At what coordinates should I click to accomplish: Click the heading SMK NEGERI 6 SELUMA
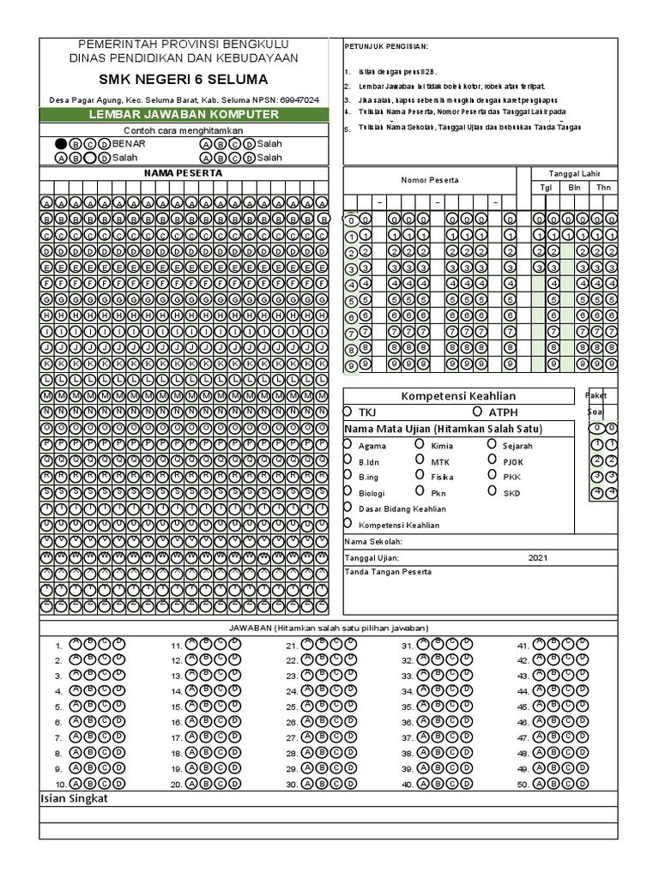point(183,80)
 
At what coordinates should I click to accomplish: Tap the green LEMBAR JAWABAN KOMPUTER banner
point(183,114)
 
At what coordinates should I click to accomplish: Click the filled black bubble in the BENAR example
point(61,144)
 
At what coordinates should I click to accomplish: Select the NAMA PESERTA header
point(183,172)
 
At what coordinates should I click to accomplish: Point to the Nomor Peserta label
point(430,180)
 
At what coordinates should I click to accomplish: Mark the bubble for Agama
point(348,444)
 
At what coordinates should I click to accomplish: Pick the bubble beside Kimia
point(420,444)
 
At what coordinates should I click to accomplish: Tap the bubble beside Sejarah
point(492,444)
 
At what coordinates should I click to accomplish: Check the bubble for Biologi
point(348,492)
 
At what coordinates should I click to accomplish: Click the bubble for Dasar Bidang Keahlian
point(348,508)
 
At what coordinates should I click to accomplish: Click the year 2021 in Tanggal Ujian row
point(537,557)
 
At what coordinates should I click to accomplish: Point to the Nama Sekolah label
point(373,542)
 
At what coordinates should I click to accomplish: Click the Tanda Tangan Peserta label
point(388,572)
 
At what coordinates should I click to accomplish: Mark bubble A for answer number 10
point(76,783)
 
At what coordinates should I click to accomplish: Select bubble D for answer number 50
point(583,783)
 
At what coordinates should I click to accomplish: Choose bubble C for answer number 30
point(336,783)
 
